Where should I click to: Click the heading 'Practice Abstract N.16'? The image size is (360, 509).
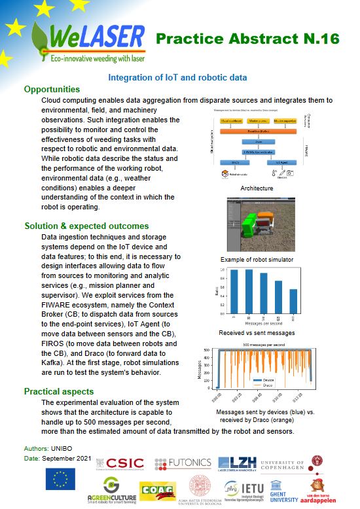[247, 39]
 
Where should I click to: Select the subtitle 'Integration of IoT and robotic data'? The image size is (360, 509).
[177, 77]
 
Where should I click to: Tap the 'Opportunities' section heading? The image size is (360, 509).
[52, 89]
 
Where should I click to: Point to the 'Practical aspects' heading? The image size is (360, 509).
[59, 391]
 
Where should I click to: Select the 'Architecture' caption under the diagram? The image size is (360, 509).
[256, 188]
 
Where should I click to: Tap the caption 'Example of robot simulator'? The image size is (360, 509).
[256, 260]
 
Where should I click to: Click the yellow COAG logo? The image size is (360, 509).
[157, 491]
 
